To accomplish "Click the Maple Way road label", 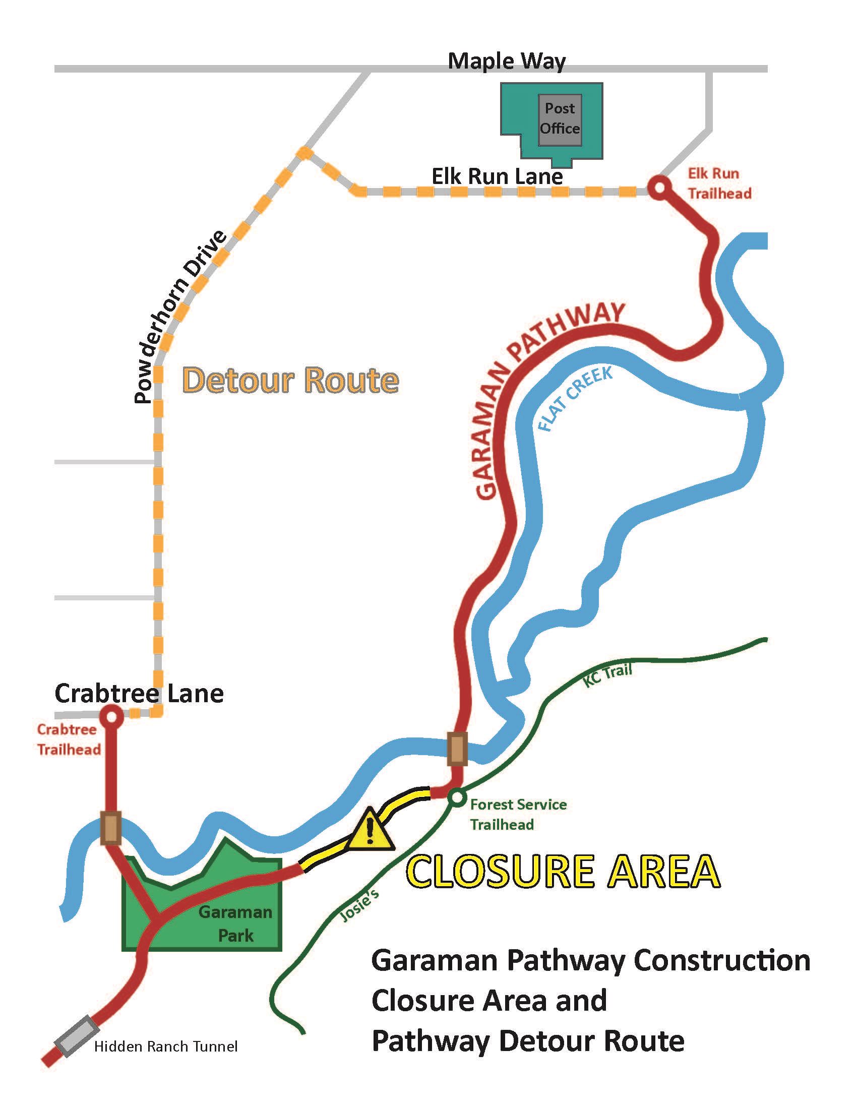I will [506, 61].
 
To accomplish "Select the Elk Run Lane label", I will [497, 177].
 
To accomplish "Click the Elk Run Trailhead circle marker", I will [659, 188].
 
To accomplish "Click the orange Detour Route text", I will [290, 381].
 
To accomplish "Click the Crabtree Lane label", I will [139, 694].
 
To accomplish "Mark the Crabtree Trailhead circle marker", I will [111, 717].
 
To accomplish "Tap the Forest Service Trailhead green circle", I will [456, 798].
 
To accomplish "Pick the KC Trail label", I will [607, 675].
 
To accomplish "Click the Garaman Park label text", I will [235, 924].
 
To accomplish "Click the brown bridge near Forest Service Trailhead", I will [457, 748].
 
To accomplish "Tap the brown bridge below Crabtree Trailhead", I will [111, 828].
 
